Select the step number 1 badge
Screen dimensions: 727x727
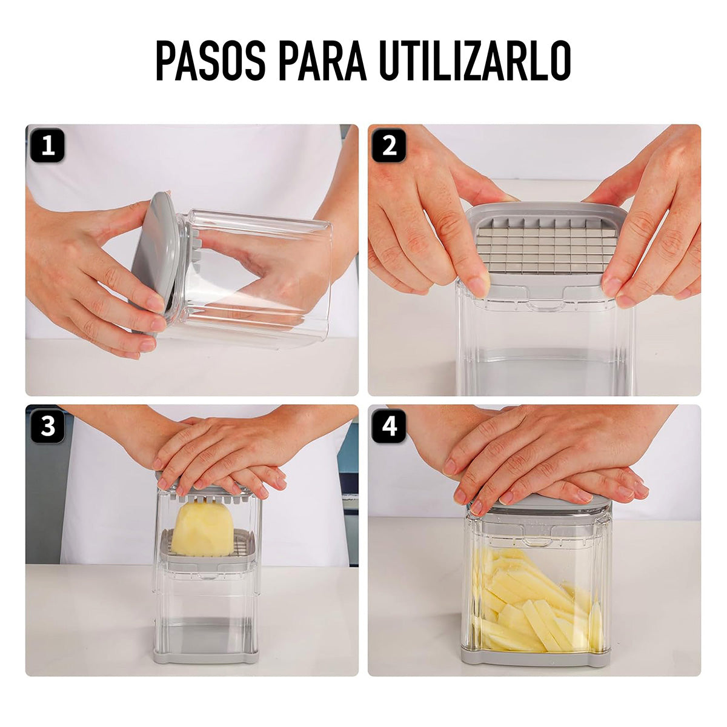tap(47, 145)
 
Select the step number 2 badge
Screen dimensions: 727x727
tap(389, 145)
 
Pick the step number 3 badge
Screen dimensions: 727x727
tap(47, 426)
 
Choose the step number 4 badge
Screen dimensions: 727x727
tap(389, 426)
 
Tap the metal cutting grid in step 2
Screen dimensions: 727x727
tap(545, 245)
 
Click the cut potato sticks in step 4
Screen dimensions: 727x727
tap(533, 600)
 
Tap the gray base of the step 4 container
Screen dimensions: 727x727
tap(536, 656)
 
